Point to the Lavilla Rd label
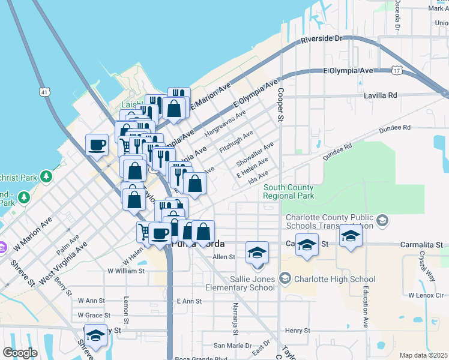click(381, 95)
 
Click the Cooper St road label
click(280, 106)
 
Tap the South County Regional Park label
click(288, 192)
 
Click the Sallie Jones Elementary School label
click(252, 283)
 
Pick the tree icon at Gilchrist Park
click(46, 176)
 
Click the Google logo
click(20, 353)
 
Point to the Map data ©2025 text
click(423, 355)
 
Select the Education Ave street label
click(365, 307)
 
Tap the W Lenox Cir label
click(425, 295)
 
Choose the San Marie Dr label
click(233, 346)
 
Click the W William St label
click(126, 271)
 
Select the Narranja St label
click(235, 319)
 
